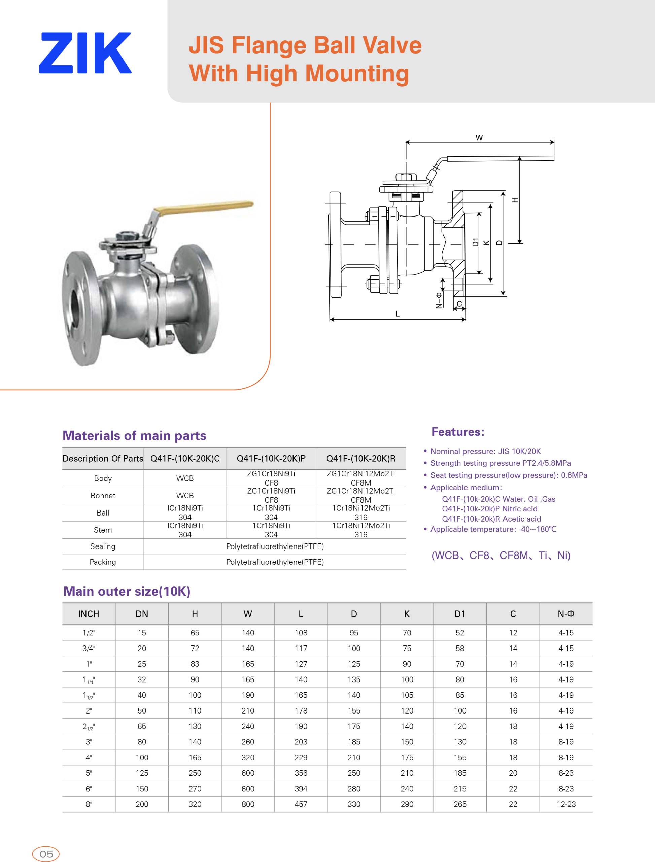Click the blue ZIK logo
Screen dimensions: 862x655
point(85,53)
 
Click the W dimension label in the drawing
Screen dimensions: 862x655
point(479,138)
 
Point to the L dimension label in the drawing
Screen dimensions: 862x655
point(397,313)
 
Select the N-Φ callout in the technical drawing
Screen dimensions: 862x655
point(439,300)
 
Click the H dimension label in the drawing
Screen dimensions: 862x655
point(515,200)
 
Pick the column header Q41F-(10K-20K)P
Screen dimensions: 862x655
point(271,458)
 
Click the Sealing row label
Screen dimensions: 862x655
point(103,546)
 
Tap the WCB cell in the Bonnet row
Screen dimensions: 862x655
point(185,495)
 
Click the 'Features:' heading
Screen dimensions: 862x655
point(458,432)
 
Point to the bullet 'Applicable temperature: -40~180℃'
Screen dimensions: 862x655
point(493,529)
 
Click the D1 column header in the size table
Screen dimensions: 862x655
point(460,614)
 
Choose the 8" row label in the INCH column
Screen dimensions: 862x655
point(89,804)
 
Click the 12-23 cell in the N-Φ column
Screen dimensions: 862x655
point(566,804)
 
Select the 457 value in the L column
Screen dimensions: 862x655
point(301,804)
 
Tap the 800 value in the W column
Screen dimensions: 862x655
point(248,804)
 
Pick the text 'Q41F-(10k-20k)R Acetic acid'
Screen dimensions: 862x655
point(491,519)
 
